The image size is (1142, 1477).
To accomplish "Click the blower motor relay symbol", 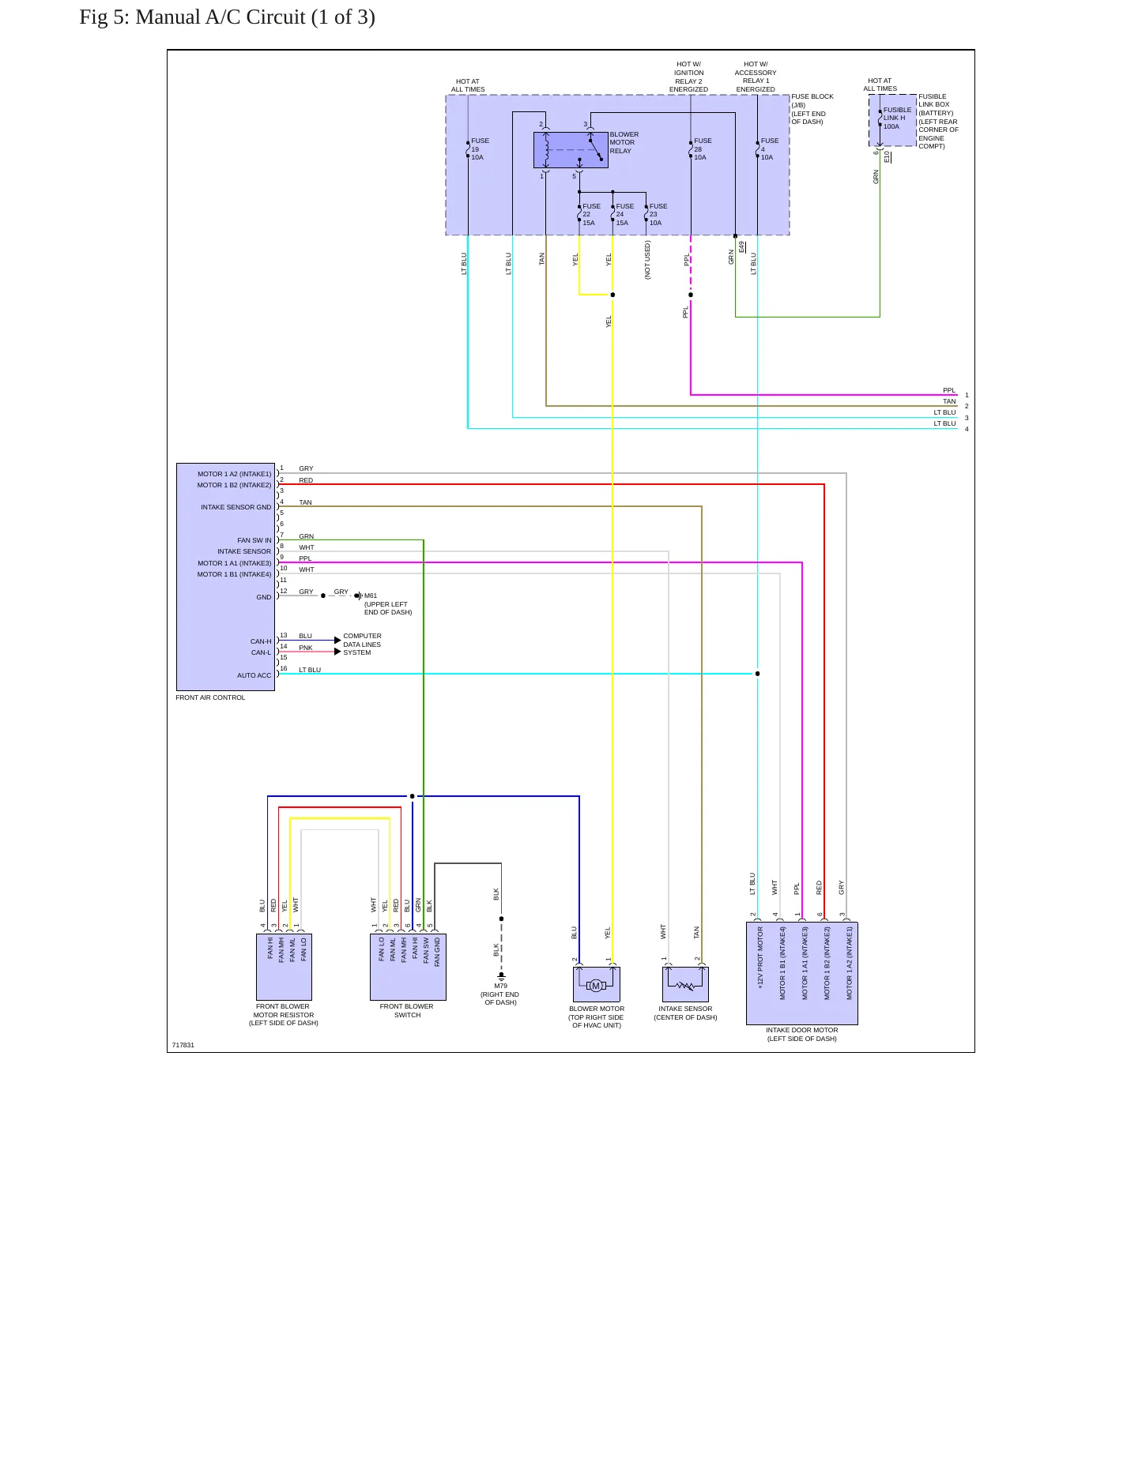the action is coord(571,150).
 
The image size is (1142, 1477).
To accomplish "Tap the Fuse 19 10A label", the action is coord(480,149).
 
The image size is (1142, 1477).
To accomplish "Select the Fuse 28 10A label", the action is coord(703,149).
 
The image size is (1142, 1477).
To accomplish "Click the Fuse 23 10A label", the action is coord(658,215).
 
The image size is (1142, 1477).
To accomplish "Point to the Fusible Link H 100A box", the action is coord(892,121).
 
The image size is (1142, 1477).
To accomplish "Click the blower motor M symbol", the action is coord(596,985).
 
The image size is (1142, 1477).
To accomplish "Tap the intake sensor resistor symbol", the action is coord(685,985).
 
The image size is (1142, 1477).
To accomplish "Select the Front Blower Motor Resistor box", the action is coord(284,967).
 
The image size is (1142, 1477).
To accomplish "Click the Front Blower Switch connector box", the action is coord(408,967).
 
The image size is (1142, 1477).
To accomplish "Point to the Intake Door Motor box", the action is coord(801,973).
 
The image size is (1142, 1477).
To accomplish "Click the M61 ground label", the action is coord(371,596).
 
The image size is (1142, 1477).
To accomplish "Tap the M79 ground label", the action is coord(500,986).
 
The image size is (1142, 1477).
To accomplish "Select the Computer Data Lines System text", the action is coord(362,645).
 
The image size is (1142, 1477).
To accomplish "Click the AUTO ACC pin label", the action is coord(254,675).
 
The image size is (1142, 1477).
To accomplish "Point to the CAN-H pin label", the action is coord(261,641).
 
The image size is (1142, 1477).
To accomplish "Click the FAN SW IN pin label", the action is coord(254,541).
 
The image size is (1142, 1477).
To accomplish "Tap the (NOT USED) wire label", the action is coord(647,260).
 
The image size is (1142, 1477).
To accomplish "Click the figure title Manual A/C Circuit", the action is coord(227,17).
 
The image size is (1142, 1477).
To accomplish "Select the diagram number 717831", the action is coord(183,1045).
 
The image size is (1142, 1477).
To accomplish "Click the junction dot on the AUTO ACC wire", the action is coord(757,674).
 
